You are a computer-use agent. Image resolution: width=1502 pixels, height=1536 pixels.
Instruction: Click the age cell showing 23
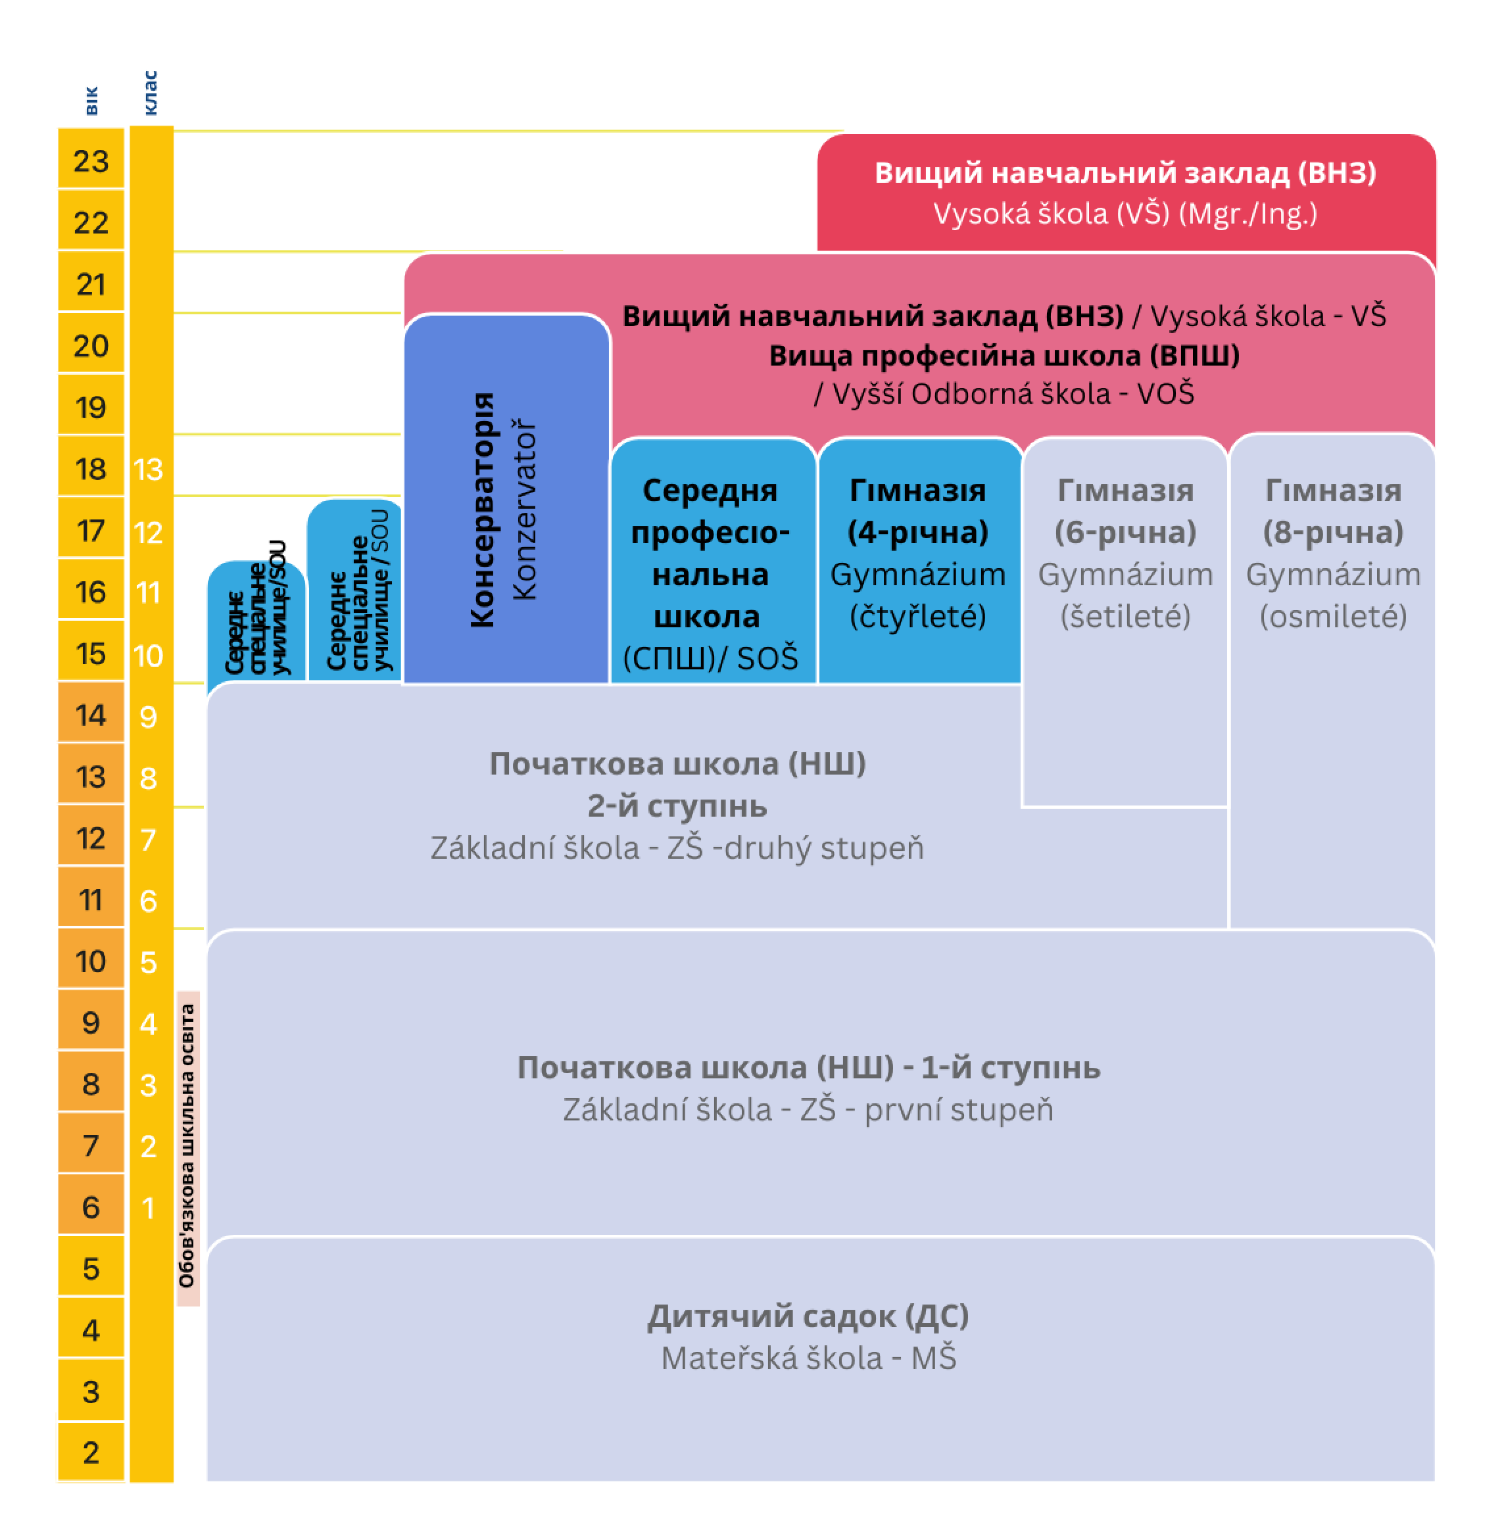[91, 162]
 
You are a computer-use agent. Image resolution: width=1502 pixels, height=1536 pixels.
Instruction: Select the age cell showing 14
[91, 715]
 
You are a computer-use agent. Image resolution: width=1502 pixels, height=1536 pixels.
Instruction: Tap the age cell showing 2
[91, 1452]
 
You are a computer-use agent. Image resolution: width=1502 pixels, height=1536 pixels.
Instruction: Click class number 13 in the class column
[149, 470]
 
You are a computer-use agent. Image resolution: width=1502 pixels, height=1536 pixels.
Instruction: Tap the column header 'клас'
[151, 93]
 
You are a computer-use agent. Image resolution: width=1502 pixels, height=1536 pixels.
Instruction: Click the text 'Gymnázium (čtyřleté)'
[917, 595]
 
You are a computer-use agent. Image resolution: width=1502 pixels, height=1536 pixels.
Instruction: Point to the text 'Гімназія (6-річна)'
[1125, 511]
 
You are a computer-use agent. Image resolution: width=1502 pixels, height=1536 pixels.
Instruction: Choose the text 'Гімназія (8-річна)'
[1333, 511]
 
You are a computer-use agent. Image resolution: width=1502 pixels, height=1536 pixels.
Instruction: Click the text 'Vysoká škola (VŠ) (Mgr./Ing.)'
[1125, 214]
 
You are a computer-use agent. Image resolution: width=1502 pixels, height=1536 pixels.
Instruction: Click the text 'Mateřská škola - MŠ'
[809, 1358]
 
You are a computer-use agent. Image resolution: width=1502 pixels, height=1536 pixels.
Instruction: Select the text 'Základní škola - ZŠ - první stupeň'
[809, 1110]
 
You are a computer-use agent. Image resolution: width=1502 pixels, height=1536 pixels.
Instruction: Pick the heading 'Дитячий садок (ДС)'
[809, 1316]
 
